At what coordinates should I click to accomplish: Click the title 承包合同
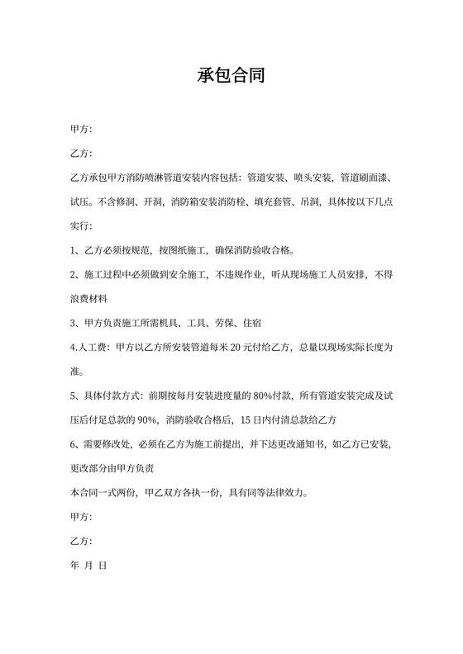pos(231,77)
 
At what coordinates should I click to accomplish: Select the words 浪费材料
pos(89,298)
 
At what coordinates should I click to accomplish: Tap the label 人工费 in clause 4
pos(94,348)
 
